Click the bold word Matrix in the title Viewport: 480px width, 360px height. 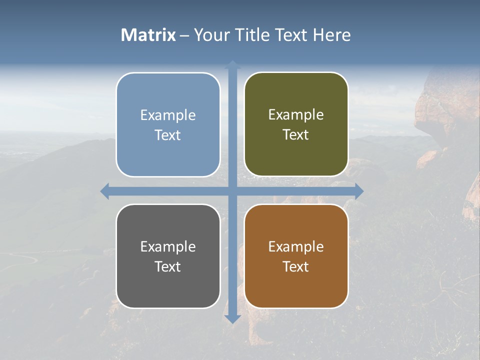(x=148, y=35)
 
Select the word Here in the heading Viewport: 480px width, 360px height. (x=331, y=35)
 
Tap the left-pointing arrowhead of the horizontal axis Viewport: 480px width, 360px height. (x=105, y=191)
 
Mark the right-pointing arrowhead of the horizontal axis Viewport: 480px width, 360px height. (x=358, y=191)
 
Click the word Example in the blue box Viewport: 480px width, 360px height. (x=168, y=115)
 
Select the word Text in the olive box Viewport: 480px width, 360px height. (x=296, y=134)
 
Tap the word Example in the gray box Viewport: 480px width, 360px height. (x=168, y=246)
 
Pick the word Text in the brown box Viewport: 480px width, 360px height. (x=296, y=266)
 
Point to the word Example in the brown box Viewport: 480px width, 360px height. (x=296, y=246)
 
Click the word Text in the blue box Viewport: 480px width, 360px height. (x=168, y=135)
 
